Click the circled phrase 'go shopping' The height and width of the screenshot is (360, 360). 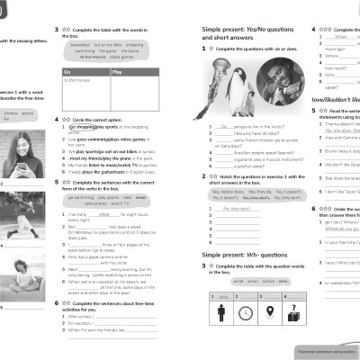(84, 128)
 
